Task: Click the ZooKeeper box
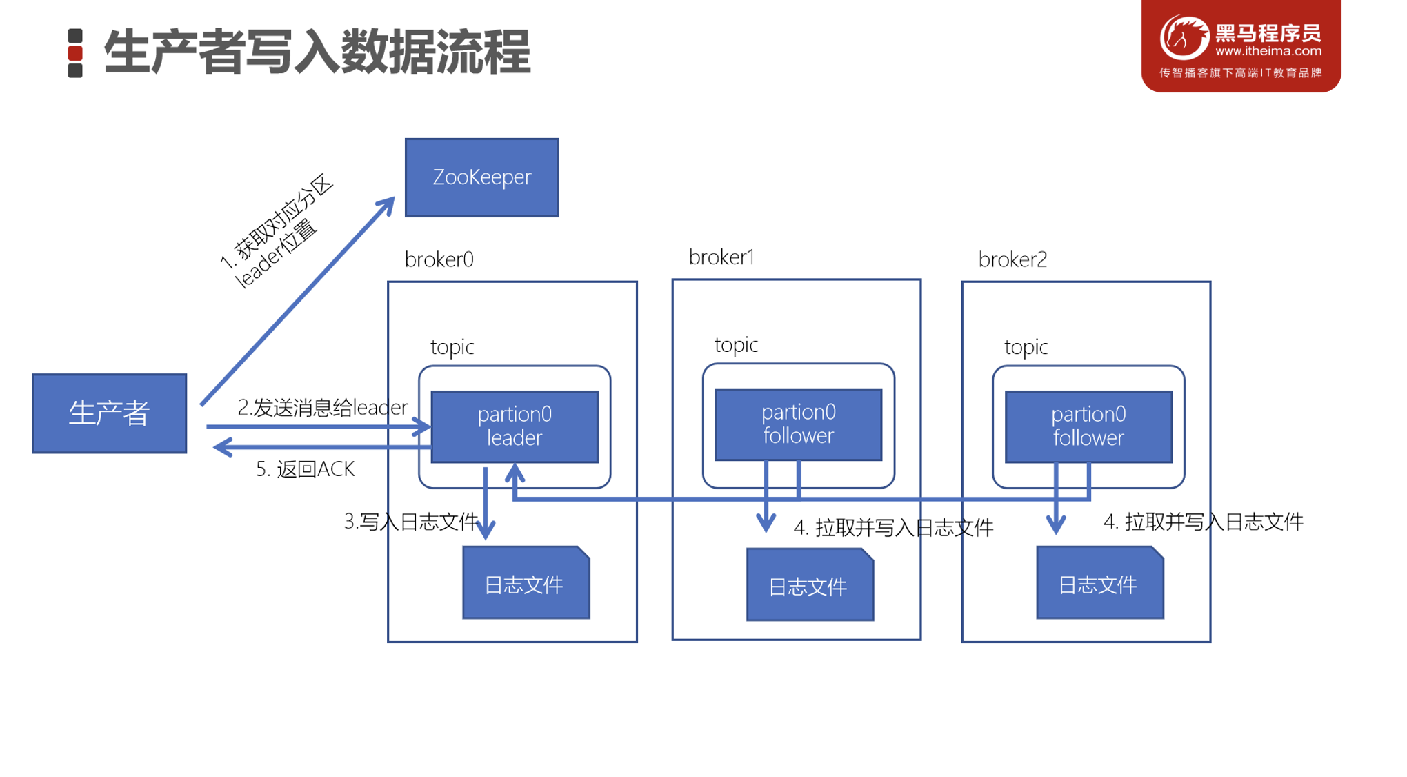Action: (481, 177)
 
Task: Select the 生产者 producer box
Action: (109, 413)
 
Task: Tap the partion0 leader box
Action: (515, 426)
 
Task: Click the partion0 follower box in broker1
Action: (798, 424)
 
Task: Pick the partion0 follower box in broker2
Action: (1088, 426)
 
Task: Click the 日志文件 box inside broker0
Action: (526, 584)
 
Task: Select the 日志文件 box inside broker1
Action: (809, 586)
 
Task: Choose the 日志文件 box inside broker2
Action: (1099, 584)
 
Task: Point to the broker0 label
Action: (439, 259)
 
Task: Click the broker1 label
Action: (721, 257)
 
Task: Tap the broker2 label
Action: (1012, 259)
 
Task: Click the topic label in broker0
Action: (452, 346)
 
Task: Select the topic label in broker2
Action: (1026, 346)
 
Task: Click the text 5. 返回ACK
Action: (305, 469)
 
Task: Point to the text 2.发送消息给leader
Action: (322, 407)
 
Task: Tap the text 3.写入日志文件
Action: (411, 522)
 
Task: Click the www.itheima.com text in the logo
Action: (1268, 51)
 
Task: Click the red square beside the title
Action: (75, 53)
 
